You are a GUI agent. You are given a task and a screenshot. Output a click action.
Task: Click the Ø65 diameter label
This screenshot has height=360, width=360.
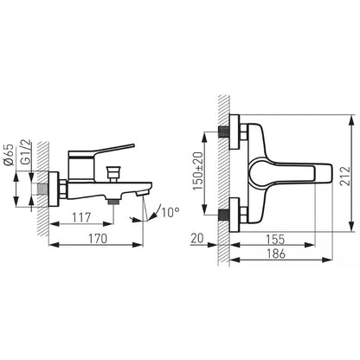coord(10,155)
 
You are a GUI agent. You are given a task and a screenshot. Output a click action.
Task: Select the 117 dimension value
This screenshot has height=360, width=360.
coord(81,218)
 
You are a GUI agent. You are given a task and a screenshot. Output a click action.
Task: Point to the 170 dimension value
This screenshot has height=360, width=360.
coord(98,239)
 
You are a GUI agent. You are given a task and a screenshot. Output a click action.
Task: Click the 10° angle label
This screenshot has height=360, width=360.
coord(170,212)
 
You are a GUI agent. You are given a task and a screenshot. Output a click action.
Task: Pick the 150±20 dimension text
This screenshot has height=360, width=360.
coord(198,170)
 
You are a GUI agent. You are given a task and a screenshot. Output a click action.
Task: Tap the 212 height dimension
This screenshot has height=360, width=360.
coord(345,176)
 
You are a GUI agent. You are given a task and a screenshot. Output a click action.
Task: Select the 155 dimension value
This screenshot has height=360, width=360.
coord(275,239)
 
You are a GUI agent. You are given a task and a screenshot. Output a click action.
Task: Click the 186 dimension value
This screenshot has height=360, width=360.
coord(276,254)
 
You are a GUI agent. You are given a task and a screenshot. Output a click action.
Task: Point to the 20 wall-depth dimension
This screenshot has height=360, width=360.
coord(197,238)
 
